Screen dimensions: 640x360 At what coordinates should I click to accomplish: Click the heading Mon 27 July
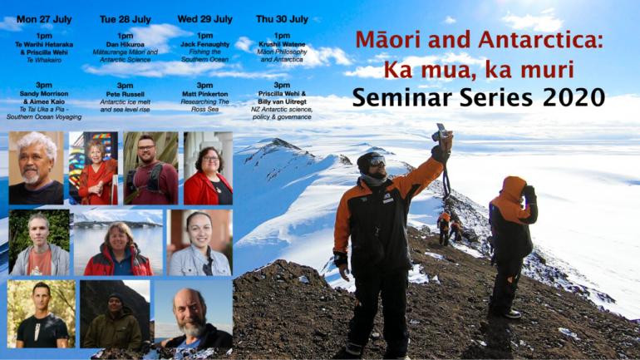tap(44, 19)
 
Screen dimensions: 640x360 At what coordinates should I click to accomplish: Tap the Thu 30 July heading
tap(282, 19)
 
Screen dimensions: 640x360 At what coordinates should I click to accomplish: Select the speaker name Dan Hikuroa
tap(125, 45)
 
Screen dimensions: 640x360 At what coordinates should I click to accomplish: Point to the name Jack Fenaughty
tap(205, 44)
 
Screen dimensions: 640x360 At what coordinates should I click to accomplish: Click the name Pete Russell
tap(125, 94)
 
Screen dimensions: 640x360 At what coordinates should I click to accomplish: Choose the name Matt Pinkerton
tap(205, 94)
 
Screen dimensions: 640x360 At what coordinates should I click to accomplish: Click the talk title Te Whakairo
tap(44, 60)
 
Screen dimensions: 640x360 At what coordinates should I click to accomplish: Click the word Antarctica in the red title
tap(540, 40)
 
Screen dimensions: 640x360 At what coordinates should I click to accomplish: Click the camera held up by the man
tap(441, 131)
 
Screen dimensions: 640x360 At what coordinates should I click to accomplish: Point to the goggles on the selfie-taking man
tap(377, 161)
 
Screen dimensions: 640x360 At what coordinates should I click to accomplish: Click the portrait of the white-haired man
tap(37, 168)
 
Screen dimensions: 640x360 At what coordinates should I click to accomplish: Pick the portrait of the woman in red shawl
tap(93, 168)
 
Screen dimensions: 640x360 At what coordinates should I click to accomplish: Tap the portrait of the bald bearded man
tap(194, 314)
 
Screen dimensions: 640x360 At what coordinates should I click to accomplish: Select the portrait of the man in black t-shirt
tap(42, 314)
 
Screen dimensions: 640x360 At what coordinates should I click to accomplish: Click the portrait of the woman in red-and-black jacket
tap(118, 243)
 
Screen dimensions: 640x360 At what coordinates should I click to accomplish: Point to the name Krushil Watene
tap(282, 44)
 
